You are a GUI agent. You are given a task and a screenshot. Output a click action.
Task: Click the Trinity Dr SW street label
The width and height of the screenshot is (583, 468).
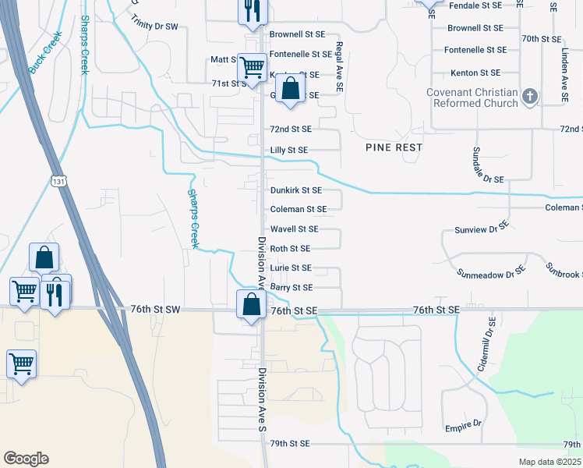157,27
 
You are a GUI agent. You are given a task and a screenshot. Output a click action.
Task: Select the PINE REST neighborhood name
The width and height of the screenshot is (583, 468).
394,147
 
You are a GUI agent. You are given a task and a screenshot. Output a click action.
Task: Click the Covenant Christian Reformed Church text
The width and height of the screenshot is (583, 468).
472,97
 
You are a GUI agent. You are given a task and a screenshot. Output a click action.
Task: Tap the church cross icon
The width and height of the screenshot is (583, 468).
530,97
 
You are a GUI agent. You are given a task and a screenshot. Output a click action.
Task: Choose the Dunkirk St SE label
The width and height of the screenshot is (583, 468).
295,190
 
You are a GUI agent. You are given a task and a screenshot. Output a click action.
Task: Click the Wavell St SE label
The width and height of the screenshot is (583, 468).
294,229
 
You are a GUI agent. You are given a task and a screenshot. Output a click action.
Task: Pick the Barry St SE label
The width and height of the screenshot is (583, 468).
291,288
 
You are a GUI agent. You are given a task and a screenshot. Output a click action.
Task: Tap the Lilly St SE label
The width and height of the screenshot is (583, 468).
289,150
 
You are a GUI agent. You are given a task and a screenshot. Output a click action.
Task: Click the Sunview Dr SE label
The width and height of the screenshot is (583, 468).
482,229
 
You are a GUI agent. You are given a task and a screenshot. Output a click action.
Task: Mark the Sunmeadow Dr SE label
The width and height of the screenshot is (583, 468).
489,274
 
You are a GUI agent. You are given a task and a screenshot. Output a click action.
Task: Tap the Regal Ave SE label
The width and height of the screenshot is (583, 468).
339,69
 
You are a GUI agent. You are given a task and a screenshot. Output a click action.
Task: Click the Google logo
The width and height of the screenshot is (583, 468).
26,459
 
